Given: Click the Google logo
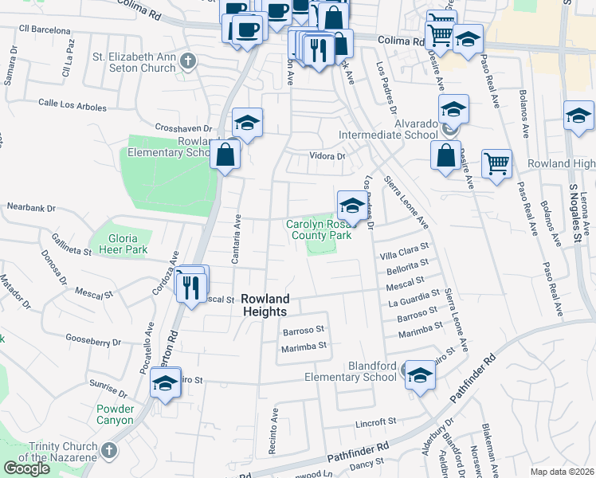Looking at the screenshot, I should (x=26, y=468).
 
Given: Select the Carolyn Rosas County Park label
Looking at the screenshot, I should (x=319, y=230).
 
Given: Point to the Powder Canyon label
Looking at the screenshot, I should (x=115, y=414).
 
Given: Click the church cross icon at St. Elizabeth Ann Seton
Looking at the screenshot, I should (x=187, y=60).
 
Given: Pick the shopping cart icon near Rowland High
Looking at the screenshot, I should (x=496, y=163).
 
